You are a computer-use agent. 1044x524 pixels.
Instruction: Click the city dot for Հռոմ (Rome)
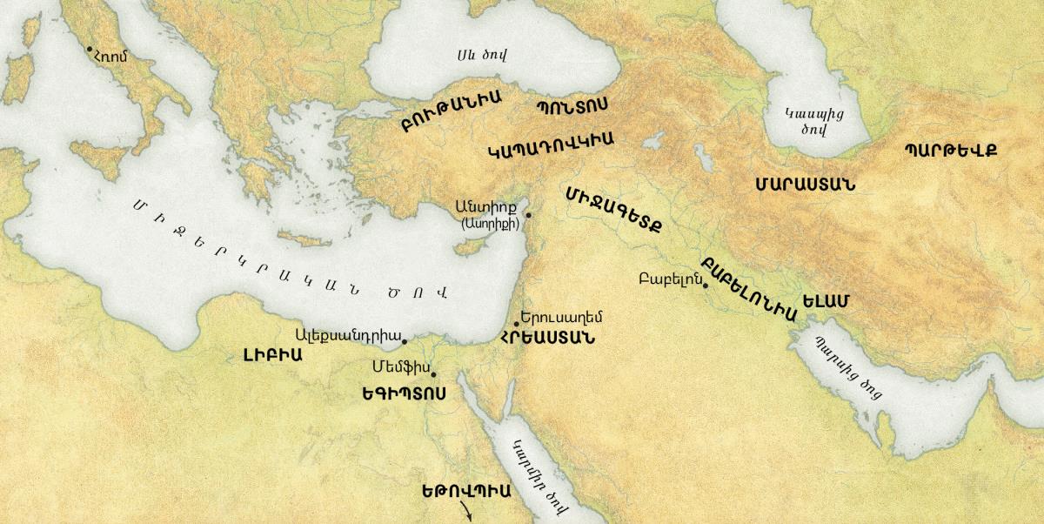(90, 49)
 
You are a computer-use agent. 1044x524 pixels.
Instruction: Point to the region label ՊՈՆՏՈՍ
(572, 105)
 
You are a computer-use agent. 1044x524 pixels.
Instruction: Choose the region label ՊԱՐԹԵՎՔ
(950, 149)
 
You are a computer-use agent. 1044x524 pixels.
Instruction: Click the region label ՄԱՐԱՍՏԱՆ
(805, 185)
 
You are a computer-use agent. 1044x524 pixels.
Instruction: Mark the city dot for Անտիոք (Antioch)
(528, 214)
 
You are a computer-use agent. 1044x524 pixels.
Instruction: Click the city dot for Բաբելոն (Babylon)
(706, 286)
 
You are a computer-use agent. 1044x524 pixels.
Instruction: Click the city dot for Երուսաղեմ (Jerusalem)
(517, 324)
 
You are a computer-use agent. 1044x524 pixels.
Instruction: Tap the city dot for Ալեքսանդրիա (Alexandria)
(405, 341)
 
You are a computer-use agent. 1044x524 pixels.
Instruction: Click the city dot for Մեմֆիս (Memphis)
(433, 375)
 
